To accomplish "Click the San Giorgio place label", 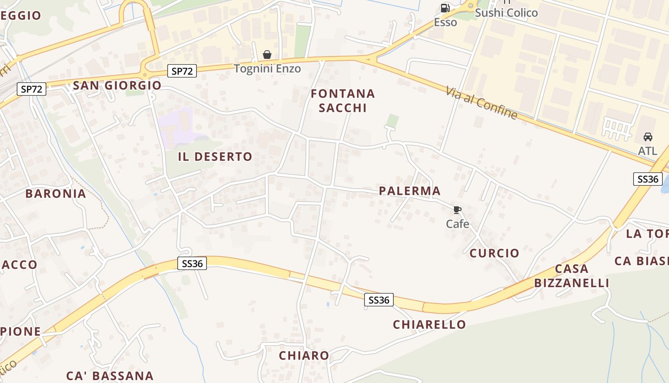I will point(117,86).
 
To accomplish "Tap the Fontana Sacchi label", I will point(343,101).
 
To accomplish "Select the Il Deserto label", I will point(215,157).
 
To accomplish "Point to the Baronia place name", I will point(56,194).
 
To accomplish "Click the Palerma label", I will point(410,191).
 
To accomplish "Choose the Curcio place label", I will point(494,253).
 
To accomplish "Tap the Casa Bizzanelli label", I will point(572,276).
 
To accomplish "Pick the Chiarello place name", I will point(429,325).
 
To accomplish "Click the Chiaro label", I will point(304,356).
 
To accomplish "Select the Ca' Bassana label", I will point(110,376).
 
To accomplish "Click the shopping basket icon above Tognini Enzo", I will point(267,55).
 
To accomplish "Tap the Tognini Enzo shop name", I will point(267,68).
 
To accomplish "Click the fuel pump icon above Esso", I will point(445,8).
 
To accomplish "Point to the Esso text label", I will point(445,22).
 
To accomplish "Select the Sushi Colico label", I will point(506,13).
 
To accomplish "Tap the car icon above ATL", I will point(648,137).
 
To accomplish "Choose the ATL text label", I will point(647,151).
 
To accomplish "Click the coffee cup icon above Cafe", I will point(457,210).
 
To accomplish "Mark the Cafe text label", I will point(457,224).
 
